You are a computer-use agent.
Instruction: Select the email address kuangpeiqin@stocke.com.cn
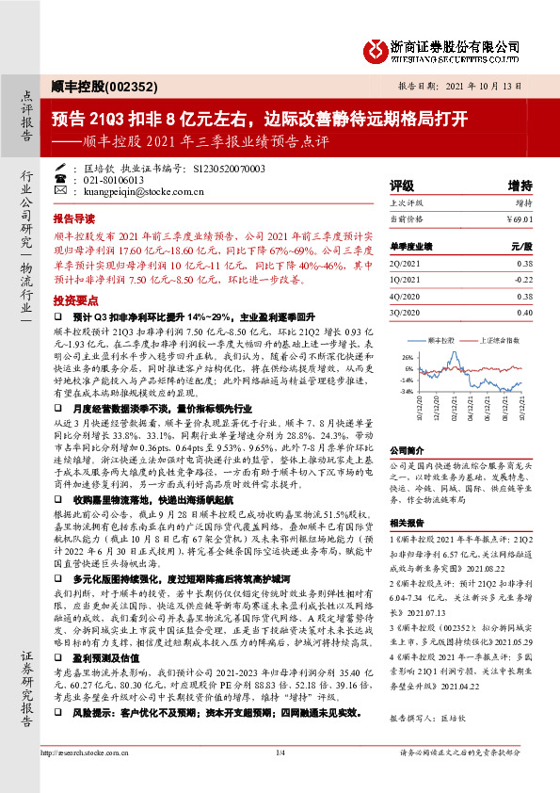[x=138, y=191]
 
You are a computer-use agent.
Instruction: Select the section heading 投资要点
[x=74, y=299]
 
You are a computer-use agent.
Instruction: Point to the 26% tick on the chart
[x=407, y=357]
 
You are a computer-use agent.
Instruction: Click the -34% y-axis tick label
[x=406, y=390]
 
